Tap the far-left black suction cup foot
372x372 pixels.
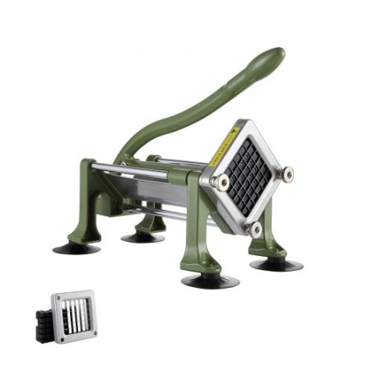[77, 247]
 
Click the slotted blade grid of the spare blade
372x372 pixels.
[76, 316]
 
